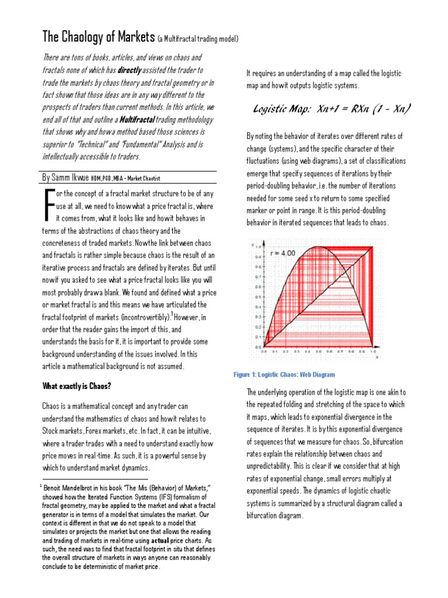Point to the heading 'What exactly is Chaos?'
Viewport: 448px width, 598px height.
click(78, 386)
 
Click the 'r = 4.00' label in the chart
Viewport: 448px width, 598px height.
click(284, 253)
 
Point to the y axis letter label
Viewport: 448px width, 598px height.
click(251, 244)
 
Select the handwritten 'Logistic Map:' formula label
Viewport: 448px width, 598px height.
click(283, 109)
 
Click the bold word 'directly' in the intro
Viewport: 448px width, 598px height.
click(134, 69)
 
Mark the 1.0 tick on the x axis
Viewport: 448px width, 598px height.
click(373, 352)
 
